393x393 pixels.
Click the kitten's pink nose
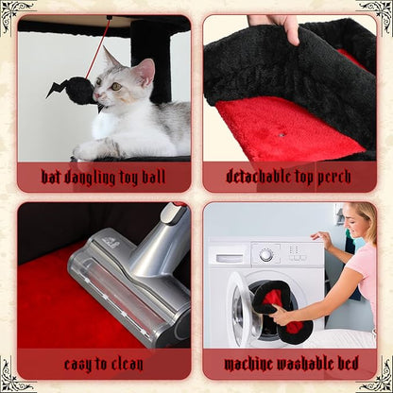96,95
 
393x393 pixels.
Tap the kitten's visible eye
116,86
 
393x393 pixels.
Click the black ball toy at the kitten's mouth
79,90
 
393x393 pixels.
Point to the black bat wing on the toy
57,89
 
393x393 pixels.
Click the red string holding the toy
97,50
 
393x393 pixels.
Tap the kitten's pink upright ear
145,72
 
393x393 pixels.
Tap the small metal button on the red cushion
282,135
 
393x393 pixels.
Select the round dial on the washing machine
266,255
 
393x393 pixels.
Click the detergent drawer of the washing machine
230,258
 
